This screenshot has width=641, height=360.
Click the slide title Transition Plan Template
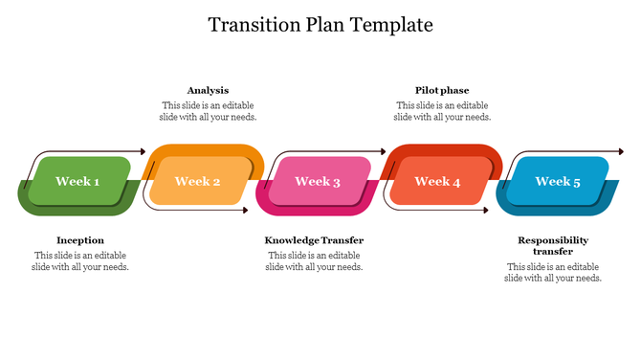tap(320, 24)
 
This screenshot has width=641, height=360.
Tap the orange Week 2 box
tap(198, 181)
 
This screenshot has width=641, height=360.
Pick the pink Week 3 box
tap(318, 181)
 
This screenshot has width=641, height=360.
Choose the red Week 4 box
tap(437, 181)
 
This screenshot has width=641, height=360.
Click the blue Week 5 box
tap(558, 181)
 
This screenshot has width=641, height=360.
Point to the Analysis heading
tap(208, 90)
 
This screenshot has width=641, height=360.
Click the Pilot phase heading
tap(442, 90)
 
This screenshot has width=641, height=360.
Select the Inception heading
tap(80, 240)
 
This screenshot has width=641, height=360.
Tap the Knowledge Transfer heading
tap(314, 240)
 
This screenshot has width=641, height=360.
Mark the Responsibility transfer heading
tap(553, 246)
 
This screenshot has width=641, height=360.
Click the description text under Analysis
tap(208, 111)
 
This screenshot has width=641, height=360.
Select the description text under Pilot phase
tap(442, 111)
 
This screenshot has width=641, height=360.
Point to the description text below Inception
tap(80, 261)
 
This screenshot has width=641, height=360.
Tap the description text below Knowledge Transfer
tap(314, 261)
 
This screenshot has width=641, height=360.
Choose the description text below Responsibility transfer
tap(553, 272)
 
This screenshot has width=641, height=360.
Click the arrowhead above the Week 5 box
tap(621, 151)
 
